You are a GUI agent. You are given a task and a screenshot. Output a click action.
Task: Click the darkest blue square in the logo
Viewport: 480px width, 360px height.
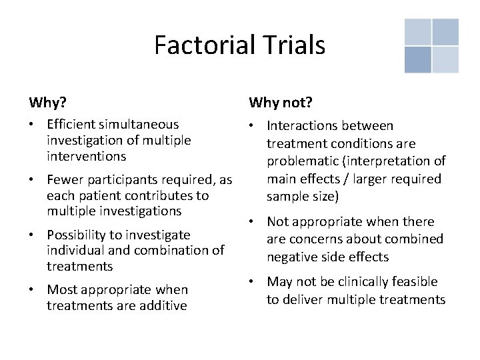click(417, 60)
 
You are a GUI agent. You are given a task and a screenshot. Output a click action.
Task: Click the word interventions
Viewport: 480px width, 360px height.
click(86, 156)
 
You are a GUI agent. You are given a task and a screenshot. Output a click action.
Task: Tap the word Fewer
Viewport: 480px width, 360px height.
click(65, 180)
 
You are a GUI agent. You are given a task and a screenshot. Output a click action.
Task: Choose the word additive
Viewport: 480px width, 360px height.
click(162, 305)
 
